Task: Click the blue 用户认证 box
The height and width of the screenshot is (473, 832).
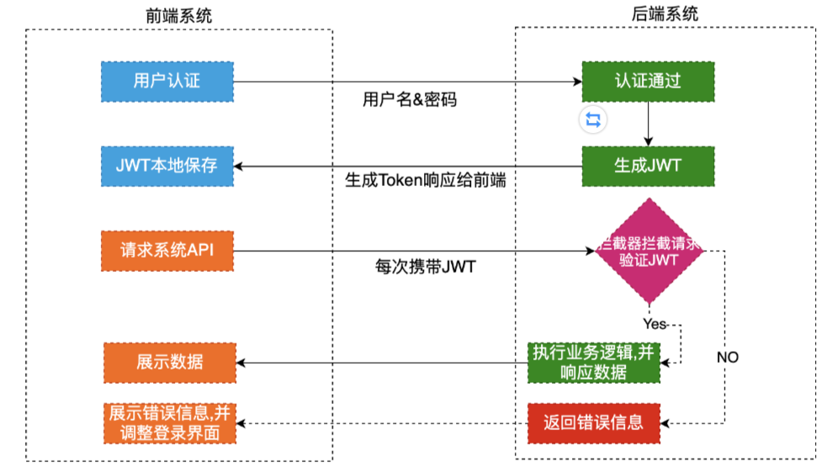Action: tap(167, 82)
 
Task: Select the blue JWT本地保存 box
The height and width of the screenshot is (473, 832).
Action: tap(167, 166)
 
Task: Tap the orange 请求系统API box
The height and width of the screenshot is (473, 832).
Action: tap(167, 251)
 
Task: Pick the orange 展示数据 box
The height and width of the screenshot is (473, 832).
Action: tap(170, 363)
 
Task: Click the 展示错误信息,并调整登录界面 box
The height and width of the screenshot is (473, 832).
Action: tap(170, 423)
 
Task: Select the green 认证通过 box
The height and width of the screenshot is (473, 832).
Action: tap(648, 82)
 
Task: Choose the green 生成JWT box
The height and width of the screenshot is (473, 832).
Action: tap(648, 166)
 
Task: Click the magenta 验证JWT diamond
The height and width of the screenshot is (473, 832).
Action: tap(649, 251)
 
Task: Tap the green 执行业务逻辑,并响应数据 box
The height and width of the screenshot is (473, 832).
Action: tap(594, 363)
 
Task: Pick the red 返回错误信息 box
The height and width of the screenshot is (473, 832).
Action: tap(594, 423)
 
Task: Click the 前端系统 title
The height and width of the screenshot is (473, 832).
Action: tap(179, 16)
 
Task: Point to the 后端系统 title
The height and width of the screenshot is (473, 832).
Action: tap(665, 13)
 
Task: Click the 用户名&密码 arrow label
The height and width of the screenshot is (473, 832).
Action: tap(410, 99)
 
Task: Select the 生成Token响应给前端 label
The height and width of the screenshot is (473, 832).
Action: tap(426, 180)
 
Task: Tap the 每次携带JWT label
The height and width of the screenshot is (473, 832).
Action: tap(426, 266)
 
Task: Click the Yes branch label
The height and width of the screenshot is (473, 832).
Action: tap(654, 324)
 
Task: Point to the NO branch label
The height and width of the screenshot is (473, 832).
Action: tap(728, 357)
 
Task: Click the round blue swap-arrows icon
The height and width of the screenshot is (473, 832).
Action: tap(593, 120)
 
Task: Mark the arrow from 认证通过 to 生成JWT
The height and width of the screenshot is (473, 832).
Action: tap(648, 124)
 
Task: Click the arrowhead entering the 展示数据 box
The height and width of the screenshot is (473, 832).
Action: tap(241, 363)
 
